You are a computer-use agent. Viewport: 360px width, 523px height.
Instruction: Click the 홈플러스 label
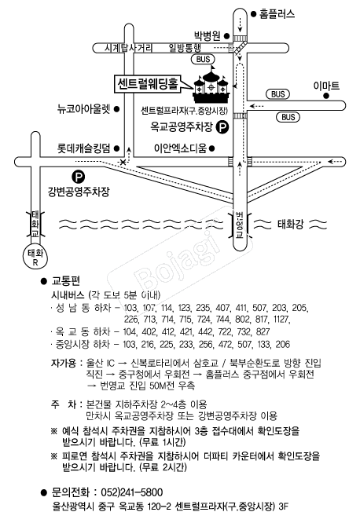click(277, 14)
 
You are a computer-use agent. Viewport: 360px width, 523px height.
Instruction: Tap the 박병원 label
click(208, 35)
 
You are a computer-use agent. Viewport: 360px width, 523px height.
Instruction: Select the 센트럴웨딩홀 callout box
click(147, 84)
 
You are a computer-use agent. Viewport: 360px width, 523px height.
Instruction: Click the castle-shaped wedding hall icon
click(211, 85)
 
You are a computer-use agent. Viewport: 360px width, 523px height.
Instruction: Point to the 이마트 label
click(326, 86)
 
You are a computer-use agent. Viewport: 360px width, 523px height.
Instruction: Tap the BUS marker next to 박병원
click(203, 60)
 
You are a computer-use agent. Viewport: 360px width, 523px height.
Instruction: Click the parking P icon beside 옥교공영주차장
click(222, 127)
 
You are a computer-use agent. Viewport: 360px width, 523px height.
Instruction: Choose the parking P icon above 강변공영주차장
click(79, 177)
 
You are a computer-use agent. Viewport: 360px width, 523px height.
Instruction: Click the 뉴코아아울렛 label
click(84, 109)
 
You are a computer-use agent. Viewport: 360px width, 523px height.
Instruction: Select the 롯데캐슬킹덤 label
click(84, 148)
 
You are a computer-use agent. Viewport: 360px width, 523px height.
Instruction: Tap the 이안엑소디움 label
click(180, 148)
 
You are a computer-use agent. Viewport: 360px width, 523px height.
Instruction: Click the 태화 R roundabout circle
click(35, 257)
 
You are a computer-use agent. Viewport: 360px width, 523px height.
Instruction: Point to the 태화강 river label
click(290, 224)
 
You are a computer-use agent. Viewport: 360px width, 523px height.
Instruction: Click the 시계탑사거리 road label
click(128, 48)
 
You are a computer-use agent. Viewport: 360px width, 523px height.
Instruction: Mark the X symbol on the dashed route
click(123, 162)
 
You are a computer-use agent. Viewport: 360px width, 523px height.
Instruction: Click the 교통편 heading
click(66, 281)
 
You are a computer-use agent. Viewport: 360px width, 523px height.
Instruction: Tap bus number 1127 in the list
click(281, 320)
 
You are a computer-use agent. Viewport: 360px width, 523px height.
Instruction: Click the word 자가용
click(64, 363)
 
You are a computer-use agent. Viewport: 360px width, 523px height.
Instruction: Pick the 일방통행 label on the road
click(185, 48)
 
